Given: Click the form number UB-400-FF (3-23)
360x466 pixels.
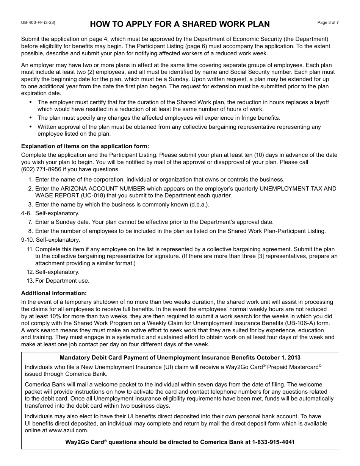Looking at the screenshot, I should (38, 23).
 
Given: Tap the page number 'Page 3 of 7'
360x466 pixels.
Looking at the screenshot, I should (328, 23).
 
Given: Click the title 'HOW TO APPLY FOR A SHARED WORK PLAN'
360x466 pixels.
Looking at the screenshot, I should (180, 24).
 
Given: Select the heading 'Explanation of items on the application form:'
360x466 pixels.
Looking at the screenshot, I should (85, 146).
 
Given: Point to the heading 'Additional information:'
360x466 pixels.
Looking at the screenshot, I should (54, 293).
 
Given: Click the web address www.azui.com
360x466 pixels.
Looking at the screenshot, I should (68, 430).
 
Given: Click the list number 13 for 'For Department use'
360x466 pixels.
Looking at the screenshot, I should (30, 281).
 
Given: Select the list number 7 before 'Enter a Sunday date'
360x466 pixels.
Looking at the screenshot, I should (30, 222).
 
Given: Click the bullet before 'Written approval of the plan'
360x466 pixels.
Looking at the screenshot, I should (30, 127).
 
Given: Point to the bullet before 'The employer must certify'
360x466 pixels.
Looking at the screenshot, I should (30, 102).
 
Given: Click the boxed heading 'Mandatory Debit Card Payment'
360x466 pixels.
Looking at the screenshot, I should (180, 358).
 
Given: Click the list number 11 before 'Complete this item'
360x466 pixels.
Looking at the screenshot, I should (30, 249).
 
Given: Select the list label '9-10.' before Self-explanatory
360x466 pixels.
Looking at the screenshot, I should (27, 240).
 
